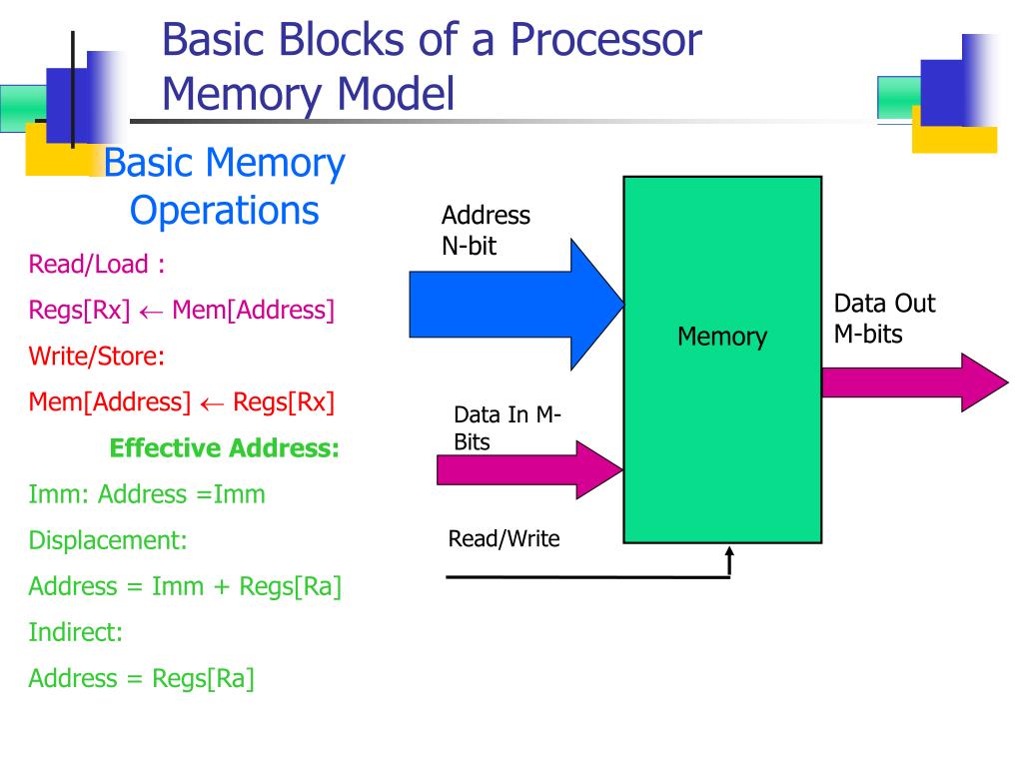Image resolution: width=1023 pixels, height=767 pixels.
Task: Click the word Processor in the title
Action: point(605,40)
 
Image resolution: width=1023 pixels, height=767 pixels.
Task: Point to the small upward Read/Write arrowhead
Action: point(730,554)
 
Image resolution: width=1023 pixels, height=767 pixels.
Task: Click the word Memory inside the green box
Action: point(722,337)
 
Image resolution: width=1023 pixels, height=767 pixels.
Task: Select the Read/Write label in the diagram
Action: point(504,539)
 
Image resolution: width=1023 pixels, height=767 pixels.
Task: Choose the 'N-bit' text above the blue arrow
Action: point(470,246)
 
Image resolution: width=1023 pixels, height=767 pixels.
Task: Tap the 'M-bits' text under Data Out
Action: point(868,334)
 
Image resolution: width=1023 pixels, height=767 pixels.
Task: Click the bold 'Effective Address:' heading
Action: point(225,448)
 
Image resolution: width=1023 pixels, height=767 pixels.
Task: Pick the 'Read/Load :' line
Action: point(97,265)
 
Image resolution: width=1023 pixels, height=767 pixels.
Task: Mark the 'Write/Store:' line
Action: point(97,357)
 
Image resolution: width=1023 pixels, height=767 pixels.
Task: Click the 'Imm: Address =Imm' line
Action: point(147,494)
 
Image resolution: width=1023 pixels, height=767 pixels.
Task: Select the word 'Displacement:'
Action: point(108,540)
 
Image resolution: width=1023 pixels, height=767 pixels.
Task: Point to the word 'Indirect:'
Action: point(76,632)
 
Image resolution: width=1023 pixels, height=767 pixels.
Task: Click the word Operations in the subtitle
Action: point(225,211)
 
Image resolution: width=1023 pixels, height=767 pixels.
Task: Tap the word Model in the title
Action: point(395,95)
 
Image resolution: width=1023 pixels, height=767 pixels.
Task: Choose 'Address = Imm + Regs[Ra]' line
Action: point(185,586)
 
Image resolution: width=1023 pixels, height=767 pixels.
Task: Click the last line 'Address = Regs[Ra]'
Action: point(141,678)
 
